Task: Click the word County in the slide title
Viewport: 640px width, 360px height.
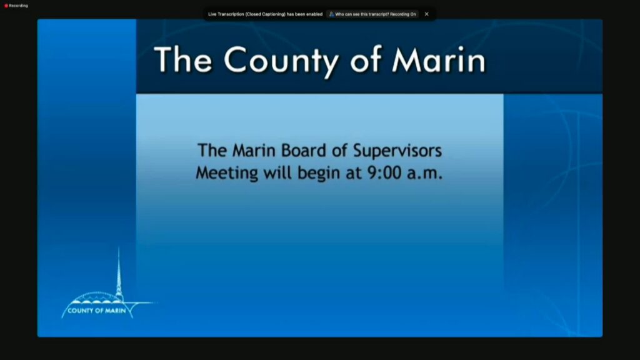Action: (282, 61)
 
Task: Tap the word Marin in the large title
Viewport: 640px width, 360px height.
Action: (439, 59)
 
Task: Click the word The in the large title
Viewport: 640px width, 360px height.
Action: (183, 59)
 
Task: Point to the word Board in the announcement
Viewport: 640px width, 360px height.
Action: (304, 150)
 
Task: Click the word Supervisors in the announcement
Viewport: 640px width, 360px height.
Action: (397, 151)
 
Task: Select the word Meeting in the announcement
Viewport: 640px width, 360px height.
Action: (227, 173)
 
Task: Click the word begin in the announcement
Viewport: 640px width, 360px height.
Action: (318, 173)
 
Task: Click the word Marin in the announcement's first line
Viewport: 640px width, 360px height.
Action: (254, 150)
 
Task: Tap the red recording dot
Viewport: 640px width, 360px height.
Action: (6, 6)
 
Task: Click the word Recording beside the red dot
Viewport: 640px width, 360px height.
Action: (18, 6)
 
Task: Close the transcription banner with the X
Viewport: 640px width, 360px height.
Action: (426, 14)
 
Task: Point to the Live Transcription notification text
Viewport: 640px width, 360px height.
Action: (265, 14)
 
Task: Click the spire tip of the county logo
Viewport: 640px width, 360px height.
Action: (119, 247)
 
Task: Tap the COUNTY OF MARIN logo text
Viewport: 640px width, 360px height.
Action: (97, 311)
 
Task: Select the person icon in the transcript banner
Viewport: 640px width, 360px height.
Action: (331, 14)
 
